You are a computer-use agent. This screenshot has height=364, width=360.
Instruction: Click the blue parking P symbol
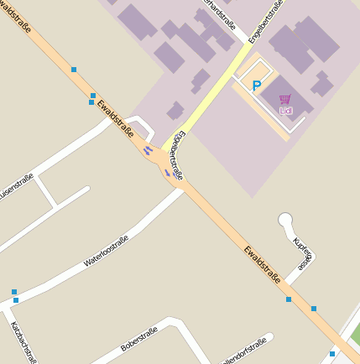(258, 85)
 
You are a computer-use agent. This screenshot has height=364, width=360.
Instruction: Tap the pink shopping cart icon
(285, 99)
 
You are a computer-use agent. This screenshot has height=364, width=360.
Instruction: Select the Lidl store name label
(285, 109)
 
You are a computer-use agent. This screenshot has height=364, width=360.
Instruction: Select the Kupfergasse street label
(303, 251)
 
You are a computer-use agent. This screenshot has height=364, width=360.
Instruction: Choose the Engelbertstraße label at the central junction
(177, 155)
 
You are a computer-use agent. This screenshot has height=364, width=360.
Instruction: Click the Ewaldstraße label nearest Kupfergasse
(263, 263)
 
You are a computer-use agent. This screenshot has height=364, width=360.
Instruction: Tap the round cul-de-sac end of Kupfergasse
(286, 221)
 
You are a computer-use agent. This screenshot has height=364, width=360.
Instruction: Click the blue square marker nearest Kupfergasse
(289, 299)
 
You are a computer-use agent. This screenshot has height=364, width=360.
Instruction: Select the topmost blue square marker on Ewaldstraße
(74, 69)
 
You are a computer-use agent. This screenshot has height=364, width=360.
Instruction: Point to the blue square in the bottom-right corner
(332, 354)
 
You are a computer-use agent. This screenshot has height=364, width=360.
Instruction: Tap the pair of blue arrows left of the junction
(148, 151)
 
